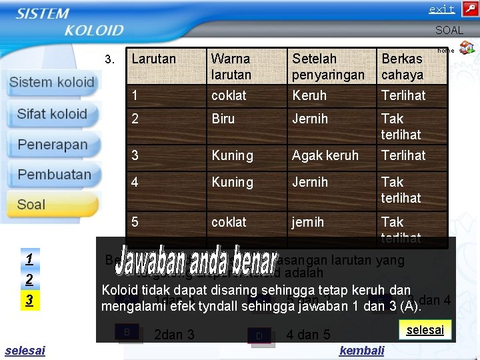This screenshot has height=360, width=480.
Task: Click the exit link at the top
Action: click(x=441, y=9)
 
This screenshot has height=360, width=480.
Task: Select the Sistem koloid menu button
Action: click(x=52, y=83)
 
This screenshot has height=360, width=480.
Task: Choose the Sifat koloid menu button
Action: click(x=52, y=114)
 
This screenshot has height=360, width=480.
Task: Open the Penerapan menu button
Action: click(x=52, y=145)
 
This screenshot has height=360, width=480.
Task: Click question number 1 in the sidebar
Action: click(x=29, y=258)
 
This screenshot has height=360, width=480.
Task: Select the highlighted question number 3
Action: click(x=29, y=301)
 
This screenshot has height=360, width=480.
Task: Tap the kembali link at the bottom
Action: click(x=361, y=351)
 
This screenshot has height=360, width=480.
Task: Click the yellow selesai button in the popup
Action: click(x=425, y=330)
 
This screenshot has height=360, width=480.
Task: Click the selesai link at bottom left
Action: click(x=25, y=351)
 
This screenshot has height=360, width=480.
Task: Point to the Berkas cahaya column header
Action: click(x=402, y=66)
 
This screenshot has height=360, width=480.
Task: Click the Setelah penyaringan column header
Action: click(x=328, y=66)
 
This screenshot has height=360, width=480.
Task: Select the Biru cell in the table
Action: click(x=223, y=118)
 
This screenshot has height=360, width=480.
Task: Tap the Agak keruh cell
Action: click(x=325, y=155)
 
